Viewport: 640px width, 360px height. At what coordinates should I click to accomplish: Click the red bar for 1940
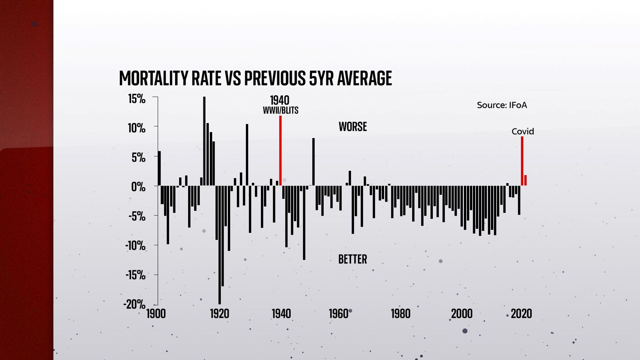point(280,151)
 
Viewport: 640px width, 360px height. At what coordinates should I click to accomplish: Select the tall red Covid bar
point(522,161)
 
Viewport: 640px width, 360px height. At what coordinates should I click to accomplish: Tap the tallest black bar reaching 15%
point(204,141)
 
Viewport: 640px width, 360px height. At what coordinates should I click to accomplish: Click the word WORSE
point(352,127)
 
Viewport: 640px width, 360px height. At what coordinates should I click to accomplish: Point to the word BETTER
point(352,259)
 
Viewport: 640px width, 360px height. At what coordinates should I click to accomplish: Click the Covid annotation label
point(522,132)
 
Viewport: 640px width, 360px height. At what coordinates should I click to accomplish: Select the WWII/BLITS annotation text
point(281,111)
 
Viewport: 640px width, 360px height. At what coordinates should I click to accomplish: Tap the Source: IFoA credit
point(502,105)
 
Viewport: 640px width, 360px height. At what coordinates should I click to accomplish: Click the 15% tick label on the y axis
point(137,99)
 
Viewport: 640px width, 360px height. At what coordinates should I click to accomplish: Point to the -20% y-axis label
point(134,304)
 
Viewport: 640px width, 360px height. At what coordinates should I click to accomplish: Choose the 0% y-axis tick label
point(138,187)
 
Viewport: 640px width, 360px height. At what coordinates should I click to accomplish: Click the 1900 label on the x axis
point(156,313)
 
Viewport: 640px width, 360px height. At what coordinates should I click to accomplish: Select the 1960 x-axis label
point(338,313)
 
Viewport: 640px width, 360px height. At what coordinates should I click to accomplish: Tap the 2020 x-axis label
point(521,313)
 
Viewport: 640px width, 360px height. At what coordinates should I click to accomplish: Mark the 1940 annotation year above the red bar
point(280,100)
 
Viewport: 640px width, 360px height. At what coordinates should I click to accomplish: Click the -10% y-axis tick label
point(135,246)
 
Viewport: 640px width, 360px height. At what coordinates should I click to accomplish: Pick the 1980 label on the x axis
point(401,313)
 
